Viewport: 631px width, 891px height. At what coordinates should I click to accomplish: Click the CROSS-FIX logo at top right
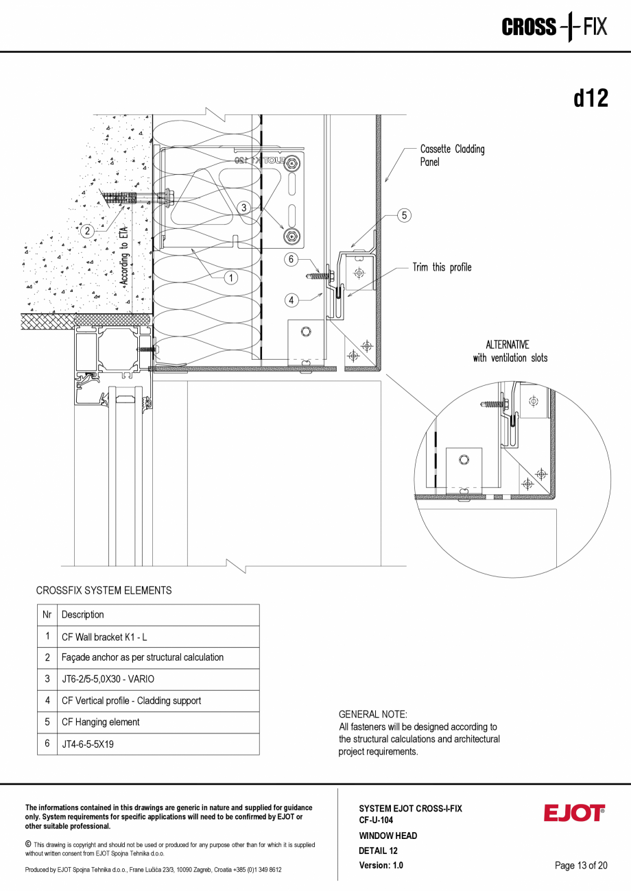pyautogui.click(x=554, y=27)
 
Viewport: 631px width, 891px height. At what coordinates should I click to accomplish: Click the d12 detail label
pyautogui.click(x=591, y=99)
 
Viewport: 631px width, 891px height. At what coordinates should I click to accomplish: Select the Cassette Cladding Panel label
pyautogui.click(x=452, y=156)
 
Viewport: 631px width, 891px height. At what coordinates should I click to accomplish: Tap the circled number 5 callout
pyautogui.click(x=405, y=215)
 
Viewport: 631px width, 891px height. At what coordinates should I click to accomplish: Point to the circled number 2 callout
pyautogui.click(x=87, y=231)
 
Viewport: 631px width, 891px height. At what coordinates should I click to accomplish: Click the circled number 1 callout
pyautogui.click(x=231, y=278)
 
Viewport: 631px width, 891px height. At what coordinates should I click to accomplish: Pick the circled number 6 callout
pyautogui.click(x=291, y=260)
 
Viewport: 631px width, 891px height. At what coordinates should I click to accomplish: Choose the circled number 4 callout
pyautogui.click(x=291, y=300)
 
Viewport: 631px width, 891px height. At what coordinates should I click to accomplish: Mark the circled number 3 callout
pyautogui.click(x=243, y=207)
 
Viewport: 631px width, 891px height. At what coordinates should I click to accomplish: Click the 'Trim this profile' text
pyautogui.click(x=442, y=267)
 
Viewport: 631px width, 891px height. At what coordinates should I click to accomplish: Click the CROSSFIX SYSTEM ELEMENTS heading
pyautogui.click(x=104, y=590)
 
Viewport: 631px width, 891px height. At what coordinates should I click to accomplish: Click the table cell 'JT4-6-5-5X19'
pyautogui.click(x=88, y=744)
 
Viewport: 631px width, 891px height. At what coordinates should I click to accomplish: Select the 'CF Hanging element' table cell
pyautogui.click(x=100, y=722)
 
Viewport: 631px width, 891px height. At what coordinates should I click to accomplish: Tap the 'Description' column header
pyautogui.click(x=83, y=615)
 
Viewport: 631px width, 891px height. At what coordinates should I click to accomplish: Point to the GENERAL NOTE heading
pyautogui.click(x=373, y=714)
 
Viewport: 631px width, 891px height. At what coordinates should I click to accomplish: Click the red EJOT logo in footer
pyautogui.click(x=574, y=813)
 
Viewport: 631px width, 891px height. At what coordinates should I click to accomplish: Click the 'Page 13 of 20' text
pyautogui.click(x=581, y=866)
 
